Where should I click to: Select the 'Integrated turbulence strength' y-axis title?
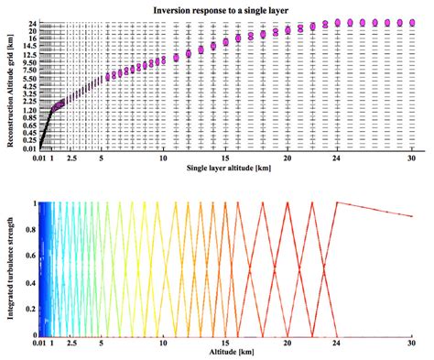click(10, 267)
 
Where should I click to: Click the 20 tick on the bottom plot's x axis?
click(288, 342)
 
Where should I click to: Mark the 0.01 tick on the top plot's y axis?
click(30, 148)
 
